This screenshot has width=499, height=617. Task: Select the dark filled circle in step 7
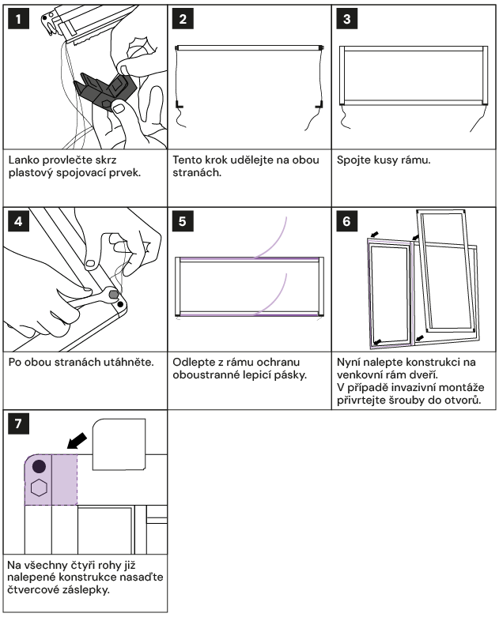[38, 467]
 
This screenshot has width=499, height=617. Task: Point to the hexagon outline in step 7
[38, 488]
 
